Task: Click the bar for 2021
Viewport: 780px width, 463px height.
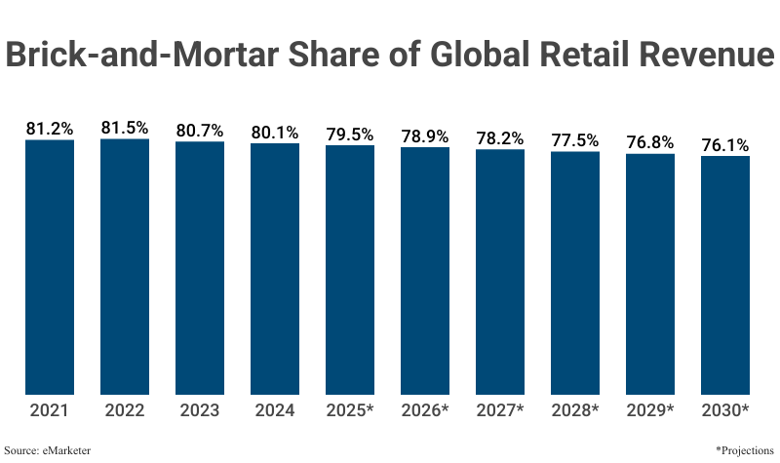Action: tap(50, 268)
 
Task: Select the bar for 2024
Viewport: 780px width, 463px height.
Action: tap(275, 270)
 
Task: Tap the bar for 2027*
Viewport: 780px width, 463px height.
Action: tap(500, 273)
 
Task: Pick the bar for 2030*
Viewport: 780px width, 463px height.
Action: tap(725, 276)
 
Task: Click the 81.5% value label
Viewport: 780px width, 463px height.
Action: tap(125, 128)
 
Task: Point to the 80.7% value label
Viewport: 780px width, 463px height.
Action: tap(200, 131)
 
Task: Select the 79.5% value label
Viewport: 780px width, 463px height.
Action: tap(350, 135)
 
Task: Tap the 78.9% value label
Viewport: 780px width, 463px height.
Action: tap(425, 136)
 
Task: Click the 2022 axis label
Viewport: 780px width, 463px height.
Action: tap(125, 411)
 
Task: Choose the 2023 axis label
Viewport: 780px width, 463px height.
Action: tap(200, 411)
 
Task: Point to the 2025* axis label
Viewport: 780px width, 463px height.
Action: tap(350, 411)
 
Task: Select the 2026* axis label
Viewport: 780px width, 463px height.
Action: tap(425, 411)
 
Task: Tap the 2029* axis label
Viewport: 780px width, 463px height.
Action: tap(650, 411)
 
